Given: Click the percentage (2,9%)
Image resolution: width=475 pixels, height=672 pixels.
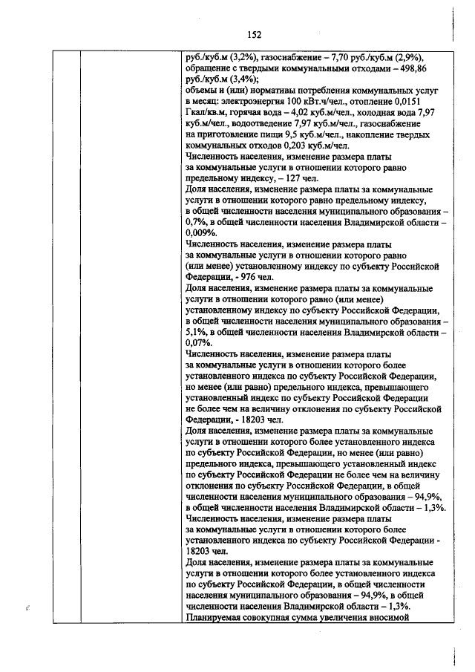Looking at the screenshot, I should (x=413, y=56).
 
